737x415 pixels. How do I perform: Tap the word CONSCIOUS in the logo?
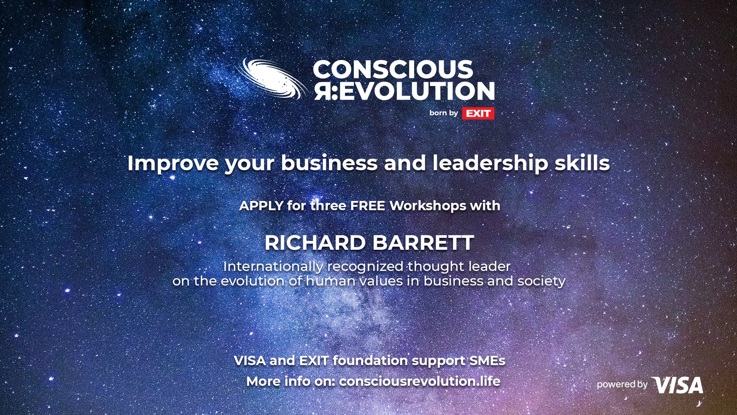point(393,70)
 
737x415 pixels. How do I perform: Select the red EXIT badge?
point(478,113)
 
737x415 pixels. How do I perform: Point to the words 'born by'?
point(444,113)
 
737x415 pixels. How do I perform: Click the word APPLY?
point(261,206)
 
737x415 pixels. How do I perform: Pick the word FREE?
point(367,206)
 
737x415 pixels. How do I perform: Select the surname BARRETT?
point(423,243)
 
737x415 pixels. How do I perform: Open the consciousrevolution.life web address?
point(420,382)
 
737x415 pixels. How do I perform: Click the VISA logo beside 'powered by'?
point(677,385)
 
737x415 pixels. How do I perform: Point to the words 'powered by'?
point(622,385)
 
